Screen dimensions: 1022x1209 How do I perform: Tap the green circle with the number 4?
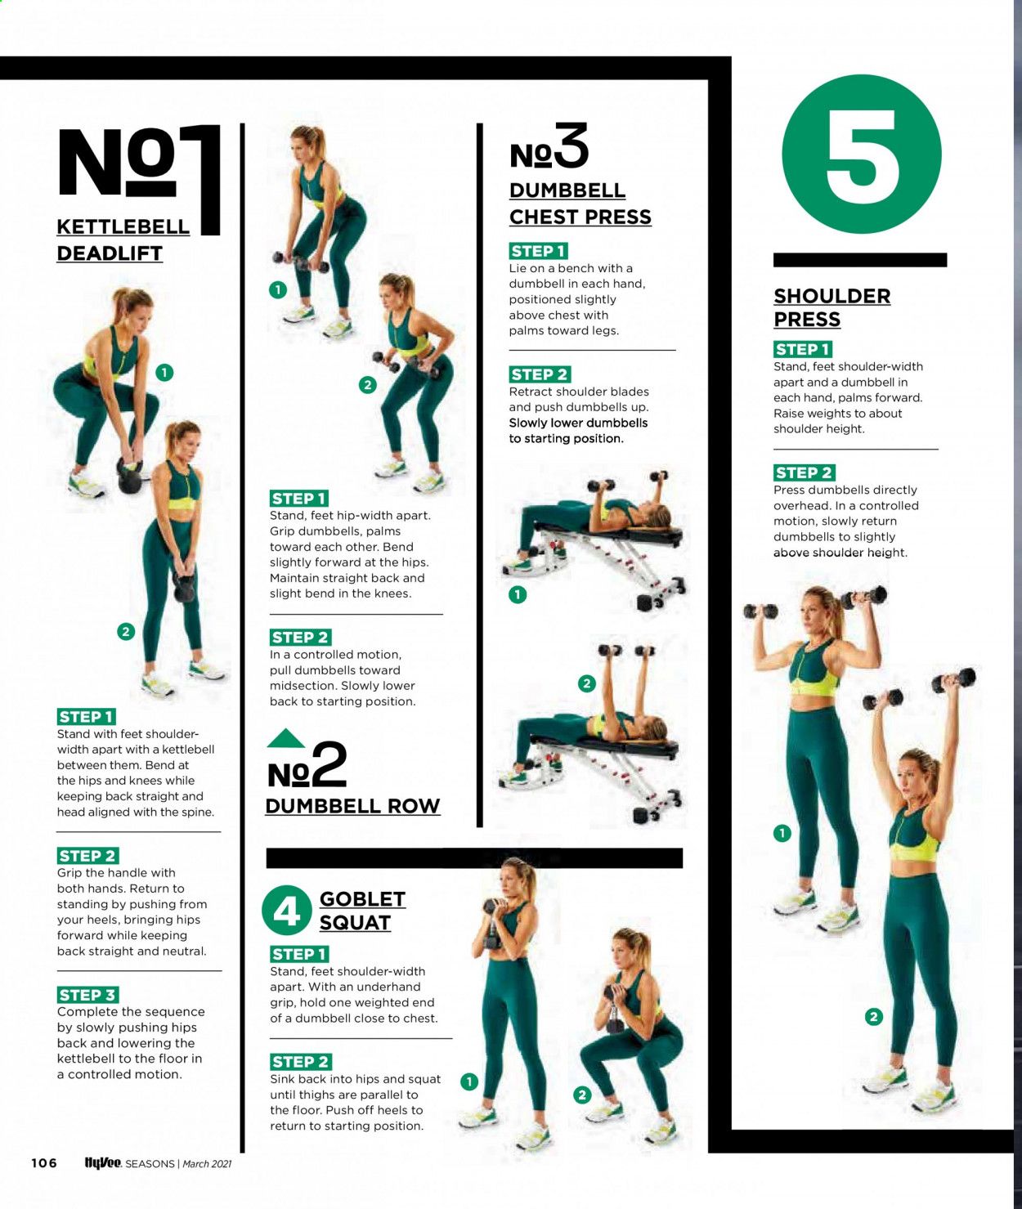click(287, 910)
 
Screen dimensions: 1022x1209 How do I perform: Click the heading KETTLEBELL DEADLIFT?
click(123, 240)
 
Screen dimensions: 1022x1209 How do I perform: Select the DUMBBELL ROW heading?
click(352, 805)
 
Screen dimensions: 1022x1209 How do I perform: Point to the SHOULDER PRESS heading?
click(831, 307)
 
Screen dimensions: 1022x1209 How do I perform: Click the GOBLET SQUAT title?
click(362, 911)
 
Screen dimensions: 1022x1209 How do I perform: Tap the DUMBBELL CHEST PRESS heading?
click(580, 204)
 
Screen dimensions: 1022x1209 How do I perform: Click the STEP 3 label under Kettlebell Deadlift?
click(87, 994)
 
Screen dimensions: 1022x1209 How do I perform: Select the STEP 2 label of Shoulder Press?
click(804, 472)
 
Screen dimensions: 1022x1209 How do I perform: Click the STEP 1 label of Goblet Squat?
click(299, 954)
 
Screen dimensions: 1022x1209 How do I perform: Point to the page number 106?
click(44, 1162)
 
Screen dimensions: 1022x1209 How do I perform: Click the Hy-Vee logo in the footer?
click(103, 1162)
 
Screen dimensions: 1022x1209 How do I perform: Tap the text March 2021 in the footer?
click(207, 1163)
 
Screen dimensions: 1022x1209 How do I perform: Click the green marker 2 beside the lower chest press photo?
click(587, 683)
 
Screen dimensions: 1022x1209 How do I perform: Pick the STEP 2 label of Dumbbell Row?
click(301, 637)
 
